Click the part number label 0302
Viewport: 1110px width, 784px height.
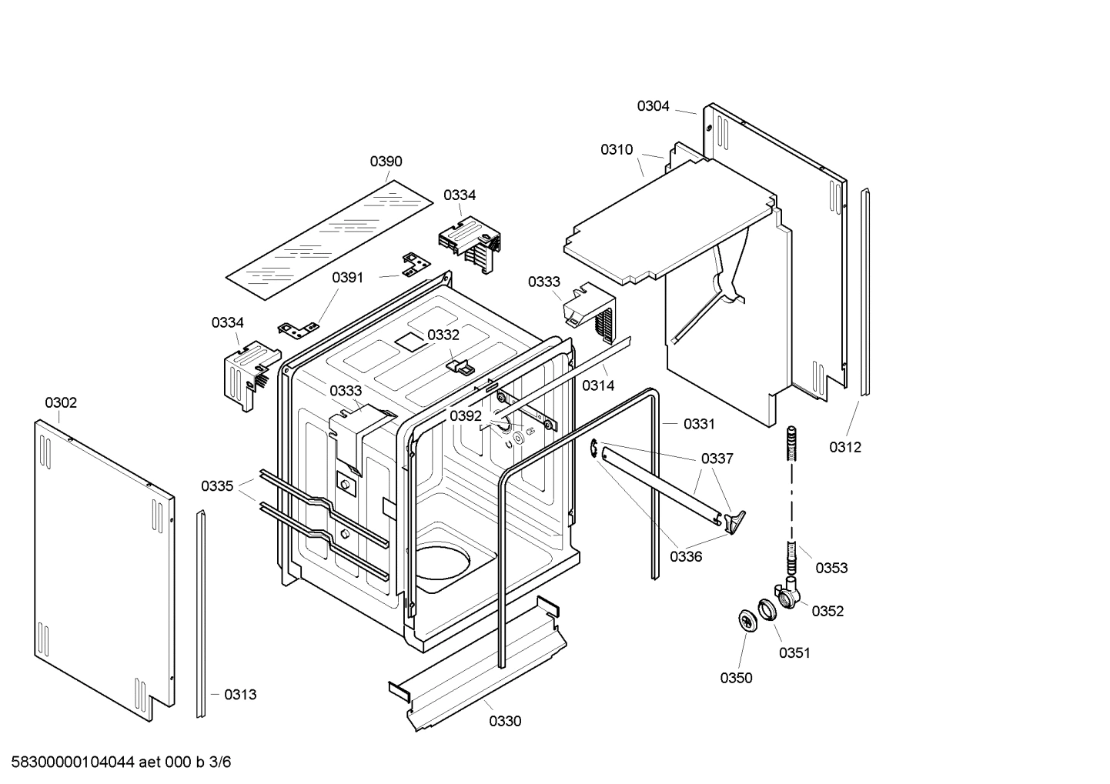pyautogui.click(x=61, y=402)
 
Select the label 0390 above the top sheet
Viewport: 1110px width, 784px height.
pyautogui.click(x=386, y=162)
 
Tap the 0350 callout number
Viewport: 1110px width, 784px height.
pyautogui.click(x=736, y=678)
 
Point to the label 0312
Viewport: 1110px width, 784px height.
pyautogui.click(x=845, y=447)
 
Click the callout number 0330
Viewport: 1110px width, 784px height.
pyautogui.click(x=505, y=721)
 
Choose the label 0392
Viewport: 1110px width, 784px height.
pyautogui.click(x=466, y=416)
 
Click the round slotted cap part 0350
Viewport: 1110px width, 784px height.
pyautogui.click(x=747, y=619)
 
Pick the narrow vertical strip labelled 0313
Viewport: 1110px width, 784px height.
pyautogui.click(x=201, y=616)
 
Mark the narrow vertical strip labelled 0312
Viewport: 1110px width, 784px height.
pyautogui.click(x=864, y=292)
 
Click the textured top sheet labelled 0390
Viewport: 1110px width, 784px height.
pyautogui.click(x=329, y=240)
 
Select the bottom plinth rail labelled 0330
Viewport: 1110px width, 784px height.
pyautogui.click(x=481, y=662)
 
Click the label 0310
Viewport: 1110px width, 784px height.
pyautogui.click(x=617, y=150)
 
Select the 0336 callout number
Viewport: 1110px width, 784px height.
pyautogui.click(x=685, y=556)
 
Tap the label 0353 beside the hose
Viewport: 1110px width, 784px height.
pyautogui.click(x=831, y=568)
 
